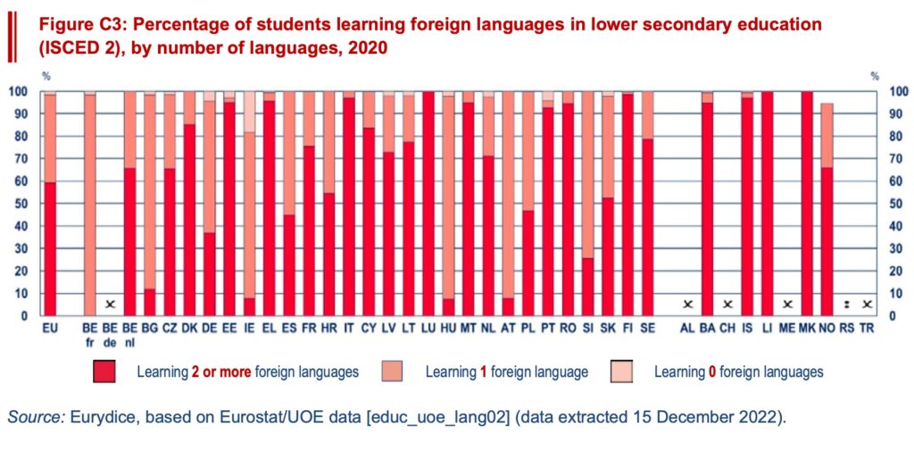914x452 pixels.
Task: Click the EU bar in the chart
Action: coord(50,204)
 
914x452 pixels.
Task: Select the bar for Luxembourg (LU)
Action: coord(428,204)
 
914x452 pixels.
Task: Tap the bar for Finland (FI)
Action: coord(627,204)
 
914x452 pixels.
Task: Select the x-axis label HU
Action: coord(449,329)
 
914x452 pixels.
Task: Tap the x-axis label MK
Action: coord(808,329)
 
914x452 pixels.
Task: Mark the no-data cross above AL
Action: coord(686,305)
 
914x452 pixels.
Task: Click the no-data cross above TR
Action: coord(868,305)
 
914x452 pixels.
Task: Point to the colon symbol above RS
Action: coord(848,305)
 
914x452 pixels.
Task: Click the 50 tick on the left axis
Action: coord(17,204)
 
